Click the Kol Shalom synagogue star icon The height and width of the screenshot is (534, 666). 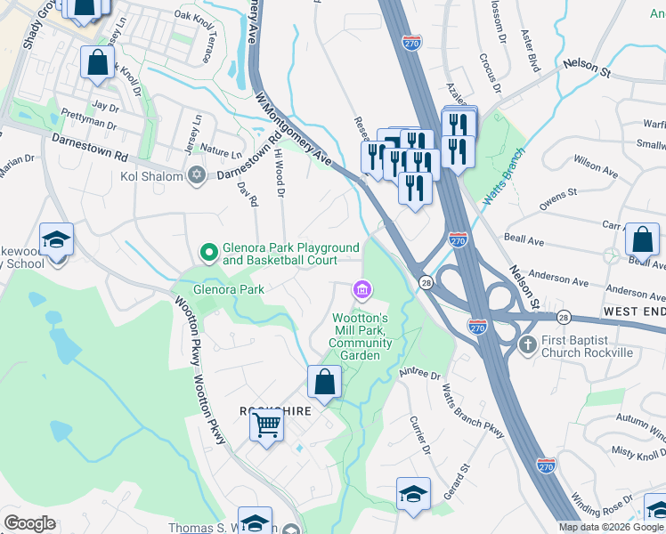(197, 174)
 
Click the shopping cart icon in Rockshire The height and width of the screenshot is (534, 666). (266, 426)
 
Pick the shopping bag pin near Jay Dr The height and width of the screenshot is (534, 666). (97, 63)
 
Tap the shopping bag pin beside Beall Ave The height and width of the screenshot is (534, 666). (642, 239)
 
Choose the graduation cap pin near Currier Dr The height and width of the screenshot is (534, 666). (413, 494)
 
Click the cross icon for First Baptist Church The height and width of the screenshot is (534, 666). (527, 343)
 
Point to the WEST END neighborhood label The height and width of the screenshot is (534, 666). (633, 311)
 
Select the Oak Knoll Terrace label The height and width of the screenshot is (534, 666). (195, 36)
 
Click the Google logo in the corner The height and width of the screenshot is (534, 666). (29, 523)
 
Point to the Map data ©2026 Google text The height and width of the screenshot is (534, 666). (612, 527)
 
